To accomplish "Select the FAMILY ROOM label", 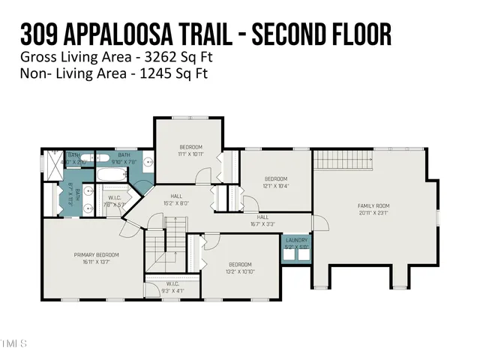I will (x=373, y=205).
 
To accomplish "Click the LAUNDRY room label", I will (x=297, y=240).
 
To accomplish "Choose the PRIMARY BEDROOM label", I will (x=96, y=255).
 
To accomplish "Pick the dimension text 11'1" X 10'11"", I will (x=190, y=154).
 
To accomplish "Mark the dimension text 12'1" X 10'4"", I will (x=276, y=185).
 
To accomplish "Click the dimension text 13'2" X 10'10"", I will (x=240, y=271).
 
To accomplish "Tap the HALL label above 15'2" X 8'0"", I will (x=175, y=195).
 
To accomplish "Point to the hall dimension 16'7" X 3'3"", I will (x=262, y=223).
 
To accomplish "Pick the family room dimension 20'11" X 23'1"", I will (x=373, y=212).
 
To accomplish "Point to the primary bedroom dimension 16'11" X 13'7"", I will (x=96, y=262).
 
